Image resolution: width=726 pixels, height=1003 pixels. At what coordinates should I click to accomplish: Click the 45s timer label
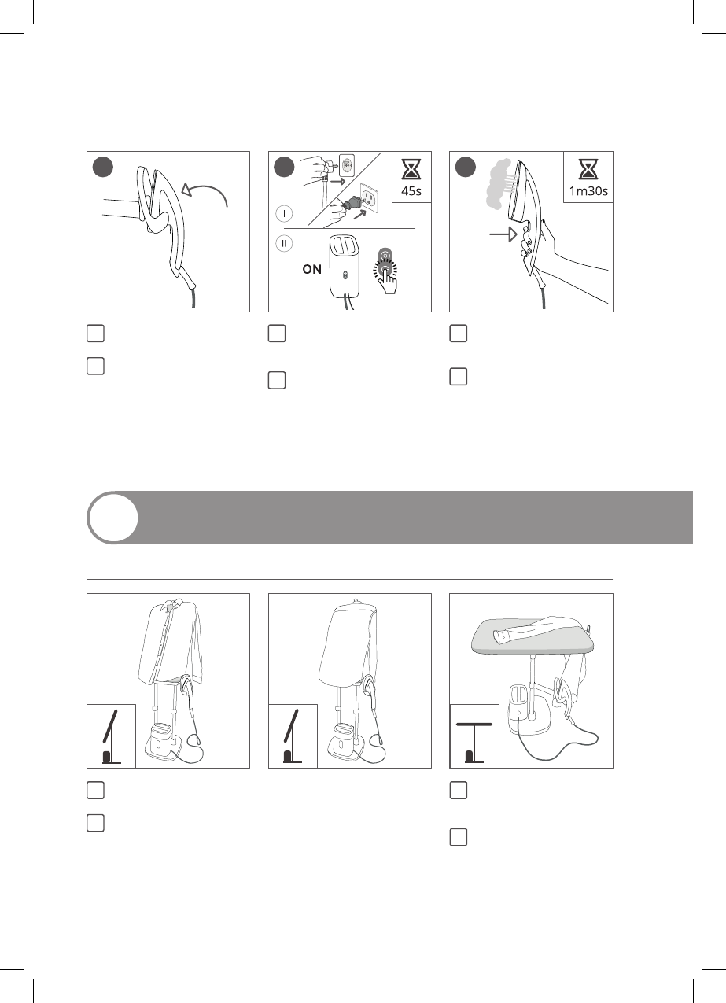tap(411, 191)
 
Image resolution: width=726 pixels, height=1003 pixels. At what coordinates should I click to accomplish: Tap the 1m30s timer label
tap(588, 191)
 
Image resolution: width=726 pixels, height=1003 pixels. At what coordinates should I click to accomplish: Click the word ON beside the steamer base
tap(312, 269)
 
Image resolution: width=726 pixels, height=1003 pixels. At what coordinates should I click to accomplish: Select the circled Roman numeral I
tap(284, 213)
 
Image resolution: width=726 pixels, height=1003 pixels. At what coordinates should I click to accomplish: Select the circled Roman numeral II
tap(284, 244)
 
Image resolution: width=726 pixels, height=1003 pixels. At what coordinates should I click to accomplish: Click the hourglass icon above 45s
tap(411, 169)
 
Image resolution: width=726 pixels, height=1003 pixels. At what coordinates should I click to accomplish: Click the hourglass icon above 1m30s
tap(588, 169)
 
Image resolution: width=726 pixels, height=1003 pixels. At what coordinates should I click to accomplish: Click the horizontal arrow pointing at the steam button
tap(503, 234)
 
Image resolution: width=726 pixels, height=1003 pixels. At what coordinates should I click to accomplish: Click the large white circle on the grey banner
tap(113, 518)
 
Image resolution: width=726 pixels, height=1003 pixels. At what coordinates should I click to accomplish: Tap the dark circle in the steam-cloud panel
tap(466, 167)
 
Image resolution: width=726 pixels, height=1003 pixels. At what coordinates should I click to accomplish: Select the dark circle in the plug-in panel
tap(284, 167)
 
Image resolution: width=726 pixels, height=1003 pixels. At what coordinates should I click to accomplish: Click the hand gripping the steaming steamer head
tap(537, 244)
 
